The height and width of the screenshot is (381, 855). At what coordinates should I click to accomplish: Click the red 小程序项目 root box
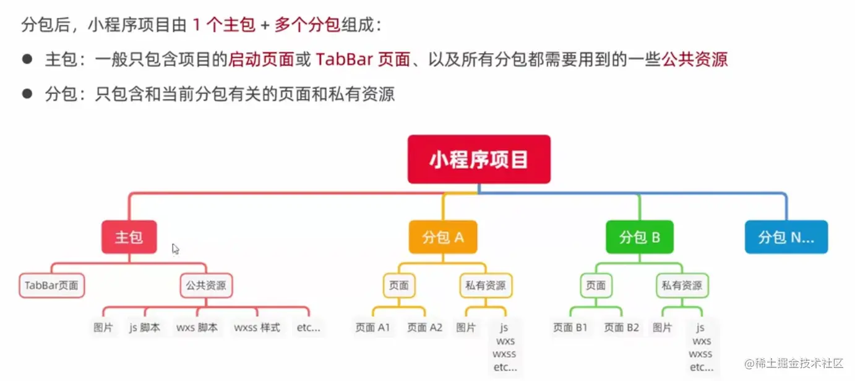[479, 159]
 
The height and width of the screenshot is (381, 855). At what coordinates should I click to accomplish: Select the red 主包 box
[129, 237]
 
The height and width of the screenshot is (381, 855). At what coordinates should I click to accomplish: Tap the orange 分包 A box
[443, 237]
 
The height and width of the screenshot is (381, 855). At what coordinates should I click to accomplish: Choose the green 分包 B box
[640, 237]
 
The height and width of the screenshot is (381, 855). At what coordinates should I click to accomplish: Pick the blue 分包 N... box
[786, 237]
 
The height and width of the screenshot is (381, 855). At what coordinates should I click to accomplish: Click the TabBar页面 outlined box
[51, 285]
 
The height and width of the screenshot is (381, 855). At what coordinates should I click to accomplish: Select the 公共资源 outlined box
[206, 285]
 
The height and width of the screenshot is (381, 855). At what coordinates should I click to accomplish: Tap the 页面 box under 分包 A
[399, 285]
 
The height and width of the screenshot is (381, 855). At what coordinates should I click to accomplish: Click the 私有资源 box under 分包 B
[682, 285]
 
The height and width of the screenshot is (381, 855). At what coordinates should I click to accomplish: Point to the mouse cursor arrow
[175, 249]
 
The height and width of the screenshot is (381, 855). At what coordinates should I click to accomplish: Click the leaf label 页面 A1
[372, 328]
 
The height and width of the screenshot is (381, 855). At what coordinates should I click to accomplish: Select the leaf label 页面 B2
[621, 328]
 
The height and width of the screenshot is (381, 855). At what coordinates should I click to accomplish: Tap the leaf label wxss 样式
[257, 328]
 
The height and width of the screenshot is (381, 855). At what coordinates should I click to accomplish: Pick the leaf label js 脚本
[145, 328]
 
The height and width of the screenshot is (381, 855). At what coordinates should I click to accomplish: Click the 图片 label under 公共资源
[103, 328]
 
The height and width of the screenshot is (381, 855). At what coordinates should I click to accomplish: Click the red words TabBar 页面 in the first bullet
[363, 59]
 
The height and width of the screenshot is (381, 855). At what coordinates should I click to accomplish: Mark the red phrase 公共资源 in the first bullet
[695, 59]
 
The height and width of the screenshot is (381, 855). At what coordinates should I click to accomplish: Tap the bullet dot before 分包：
[27, 93]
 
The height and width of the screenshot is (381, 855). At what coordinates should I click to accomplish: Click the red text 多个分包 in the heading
[307, 25]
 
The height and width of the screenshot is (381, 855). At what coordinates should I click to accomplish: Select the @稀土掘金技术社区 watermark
[794, 363]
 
